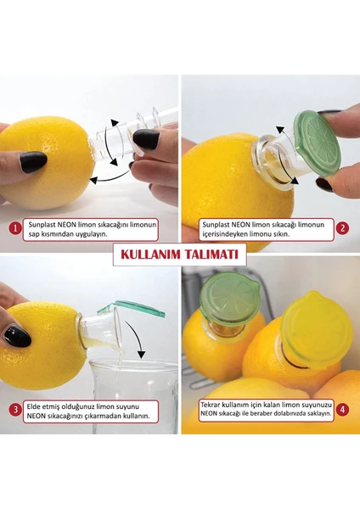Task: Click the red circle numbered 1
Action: pyautogui.click(x=15, y=229)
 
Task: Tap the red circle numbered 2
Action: pyautogui.click(x=342, y=228)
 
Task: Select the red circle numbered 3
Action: pyautogui.click(x=15, y=410)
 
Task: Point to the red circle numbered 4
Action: pyautogui.click(x=342, y=410)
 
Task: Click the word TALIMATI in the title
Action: pyautogui.click(x=211, y=255)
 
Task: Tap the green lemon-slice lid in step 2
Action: pyautogui.click(x=316, y=143)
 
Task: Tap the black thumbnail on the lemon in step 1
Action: pyautogui.click(x=33, y=162)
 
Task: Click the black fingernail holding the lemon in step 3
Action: pyautogui.click(x=17, y=337)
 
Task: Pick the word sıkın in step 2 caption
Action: pyautogui.click(x=282, y=234)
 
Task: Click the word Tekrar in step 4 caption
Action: pyautogui.click(x=212, y=405)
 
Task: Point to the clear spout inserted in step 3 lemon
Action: pyautogui.click(x=100, y=329)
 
